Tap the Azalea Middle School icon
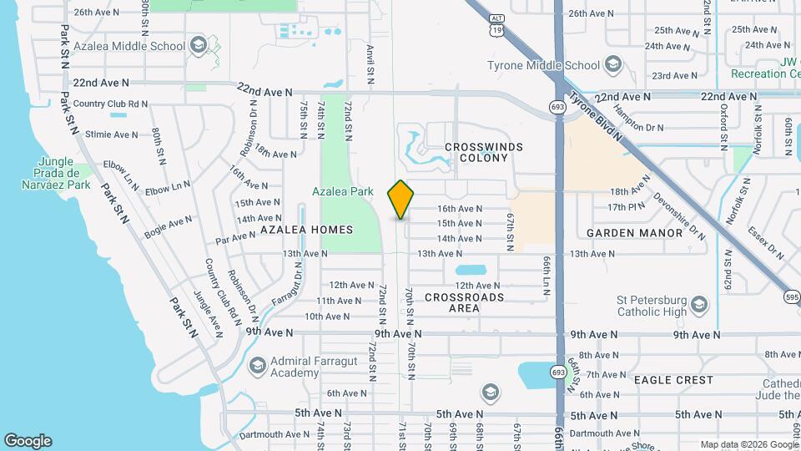[x=198, y=45]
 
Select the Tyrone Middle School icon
[x=613, y=64]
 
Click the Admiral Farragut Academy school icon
[x=258, y=365]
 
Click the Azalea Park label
[x=343, y=191]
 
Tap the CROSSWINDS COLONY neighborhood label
[x=484, y=152]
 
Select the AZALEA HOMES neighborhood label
[x=306, y=229]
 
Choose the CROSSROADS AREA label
[x=464, y=302]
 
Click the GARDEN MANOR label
[x=634, y=233]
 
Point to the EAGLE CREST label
[x=673, y=379]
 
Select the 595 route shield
[x=793, y=296]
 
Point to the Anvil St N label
[x=370, y=64]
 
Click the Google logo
[x=28, y=441]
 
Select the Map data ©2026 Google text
[x=748, y=444]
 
